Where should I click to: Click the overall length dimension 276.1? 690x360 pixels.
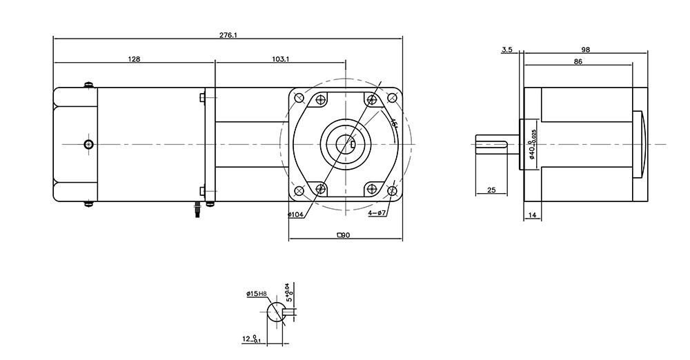tap(228, 34)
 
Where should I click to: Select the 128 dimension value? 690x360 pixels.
tap(134, 59)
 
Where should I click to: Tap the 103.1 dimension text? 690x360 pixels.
tap(280, 59)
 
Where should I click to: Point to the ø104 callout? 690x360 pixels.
tap(297, 214)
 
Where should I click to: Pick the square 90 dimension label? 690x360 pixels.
tap(343, 236)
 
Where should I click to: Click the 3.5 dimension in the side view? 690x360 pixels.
tap(507, 50)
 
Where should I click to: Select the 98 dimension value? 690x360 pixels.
tap(586, 50)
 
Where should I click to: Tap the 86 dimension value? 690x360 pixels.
tap(578, 62)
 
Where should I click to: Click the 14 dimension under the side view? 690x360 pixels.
tap(532, 216)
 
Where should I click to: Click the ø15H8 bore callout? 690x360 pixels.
tap(257, 294)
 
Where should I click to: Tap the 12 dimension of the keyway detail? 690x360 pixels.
tap(250, 339)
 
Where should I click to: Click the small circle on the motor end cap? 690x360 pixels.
tap(88, 143)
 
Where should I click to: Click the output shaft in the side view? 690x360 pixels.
tap(497, 143)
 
